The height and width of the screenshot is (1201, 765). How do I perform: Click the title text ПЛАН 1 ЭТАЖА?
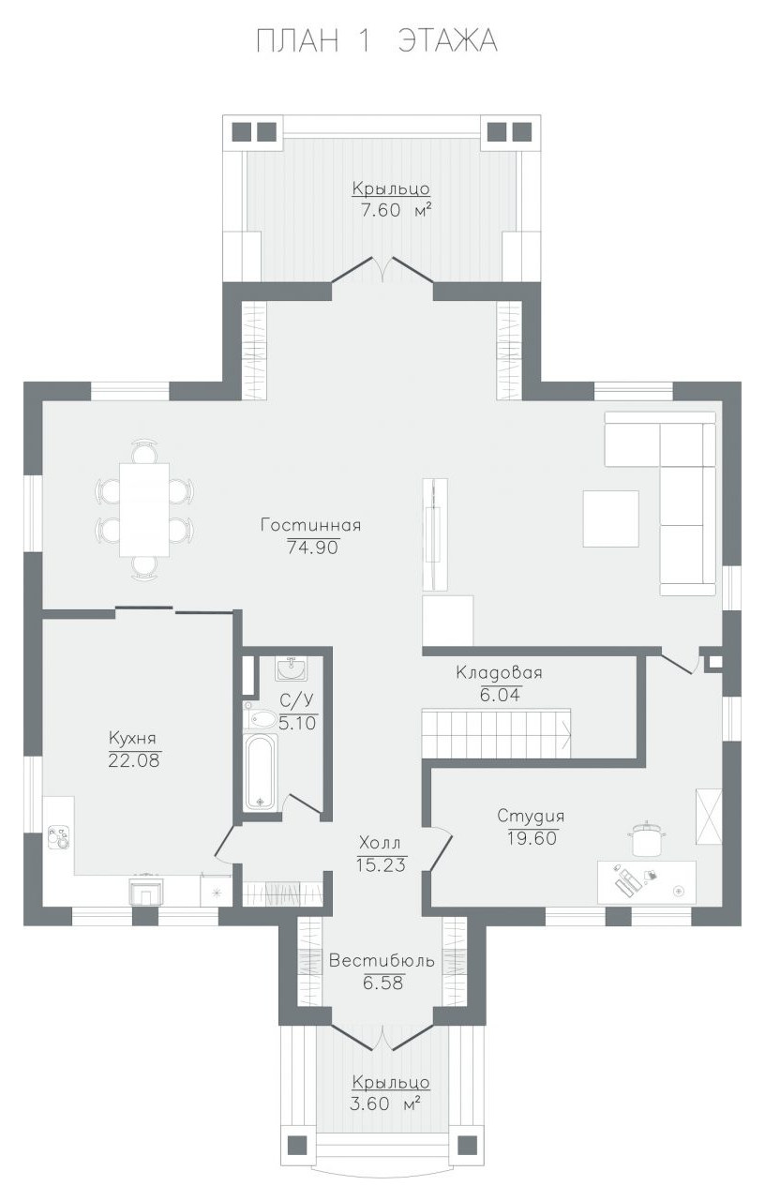point(377,41)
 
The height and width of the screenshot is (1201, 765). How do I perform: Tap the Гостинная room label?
point(311,524)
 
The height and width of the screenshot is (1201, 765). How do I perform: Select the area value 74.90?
point(313,548)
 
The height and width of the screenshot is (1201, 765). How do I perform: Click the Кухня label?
point(132,738)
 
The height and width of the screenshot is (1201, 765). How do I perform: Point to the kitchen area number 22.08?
point(134,760)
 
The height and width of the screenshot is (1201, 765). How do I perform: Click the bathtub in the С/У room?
point(261,773)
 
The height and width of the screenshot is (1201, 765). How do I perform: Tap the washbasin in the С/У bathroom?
point(292,668)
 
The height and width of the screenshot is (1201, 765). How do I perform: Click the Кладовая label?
point(499,672)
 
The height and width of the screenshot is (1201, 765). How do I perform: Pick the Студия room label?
point(531,816)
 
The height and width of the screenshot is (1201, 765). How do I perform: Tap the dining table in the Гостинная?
point(144,509)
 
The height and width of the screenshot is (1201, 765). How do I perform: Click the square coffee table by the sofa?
point(611,518)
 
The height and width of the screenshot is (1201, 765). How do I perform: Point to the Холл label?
point(380,844)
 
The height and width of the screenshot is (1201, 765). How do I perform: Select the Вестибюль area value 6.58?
point(382,983)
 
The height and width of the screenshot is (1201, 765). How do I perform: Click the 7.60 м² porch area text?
point(397,210)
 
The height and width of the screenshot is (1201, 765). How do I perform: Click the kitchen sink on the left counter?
point(58,838)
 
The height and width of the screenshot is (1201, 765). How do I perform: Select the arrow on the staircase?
point(565,733)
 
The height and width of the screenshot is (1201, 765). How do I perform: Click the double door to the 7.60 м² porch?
point(382,268)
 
